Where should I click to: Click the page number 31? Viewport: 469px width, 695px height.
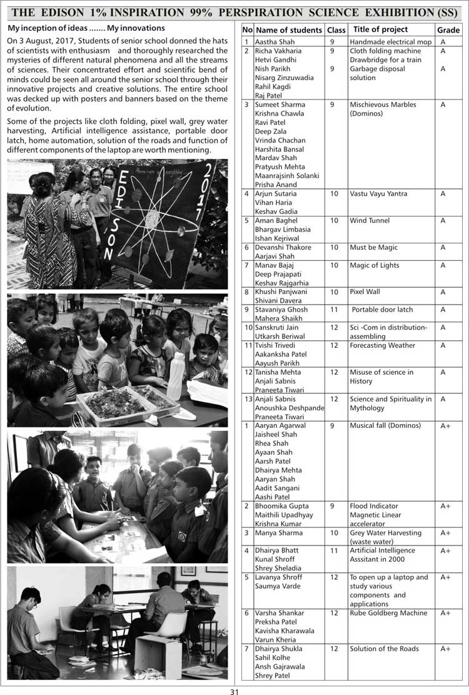pyautogui.click(x=234, y=691)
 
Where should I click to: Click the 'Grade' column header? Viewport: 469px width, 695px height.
pyautogui.click(x=448, y=30)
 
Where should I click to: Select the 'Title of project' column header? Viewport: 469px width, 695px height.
pyautogui.click(x=380, y=29)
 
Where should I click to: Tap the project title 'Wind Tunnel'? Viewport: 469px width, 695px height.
pyautogui.click(x=370, y=221)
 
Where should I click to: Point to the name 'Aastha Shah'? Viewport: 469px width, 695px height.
pyautogui.click(x=275, y=42)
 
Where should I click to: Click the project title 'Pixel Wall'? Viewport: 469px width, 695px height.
pyautogui.click(x=365, y=292)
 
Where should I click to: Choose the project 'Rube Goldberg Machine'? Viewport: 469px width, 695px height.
pyautogui.click(x=388, y=613)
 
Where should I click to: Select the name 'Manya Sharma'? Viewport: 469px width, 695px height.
pyautogui.click(x=278, y=533)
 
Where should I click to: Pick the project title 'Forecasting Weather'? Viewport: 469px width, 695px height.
pyautogui.click(x=382, y=345)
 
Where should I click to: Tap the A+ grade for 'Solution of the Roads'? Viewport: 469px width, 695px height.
pyautogui.click(x=445, y=649)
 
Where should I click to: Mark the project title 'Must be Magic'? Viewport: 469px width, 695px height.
pyautogui.click(x=373, y=248)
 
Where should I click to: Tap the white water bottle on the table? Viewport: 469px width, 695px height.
pyautogui.click(x=176, y=377)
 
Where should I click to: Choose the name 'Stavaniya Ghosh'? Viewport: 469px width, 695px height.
pyautogui.click(x=281, y=310)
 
